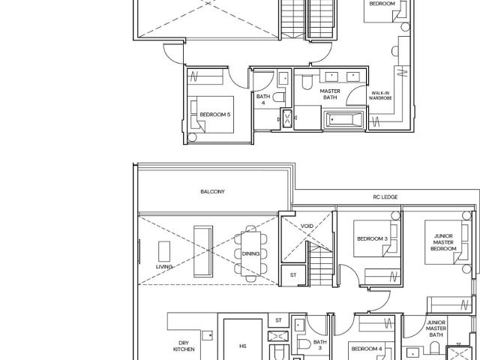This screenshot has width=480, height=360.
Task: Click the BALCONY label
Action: [x=212, y=191]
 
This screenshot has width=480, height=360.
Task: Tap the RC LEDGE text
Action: [x=385, y=197]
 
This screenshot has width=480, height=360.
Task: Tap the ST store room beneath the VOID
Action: [x=293, y=275]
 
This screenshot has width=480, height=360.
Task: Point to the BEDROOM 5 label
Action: [x=214, y=114]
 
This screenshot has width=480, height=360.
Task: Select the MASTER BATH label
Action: [x=330, y=94]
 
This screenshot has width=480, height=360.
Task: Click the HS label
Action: [x=243, y=346]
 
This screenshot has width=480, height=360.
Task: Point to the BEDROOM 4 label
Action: [x=367, y=349]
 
